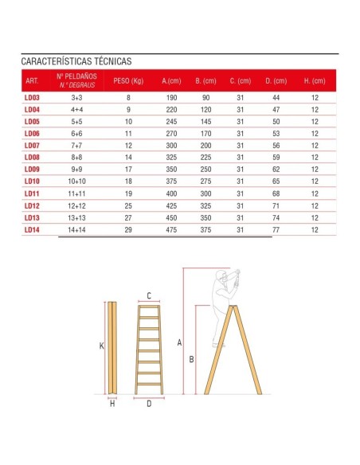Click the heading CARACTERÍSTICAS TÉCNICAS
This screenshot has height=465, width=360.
coord(76,61)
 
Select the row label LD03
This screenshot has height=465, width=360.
coord(32,98)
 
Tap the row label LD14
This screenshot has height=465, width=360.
coord(32,229)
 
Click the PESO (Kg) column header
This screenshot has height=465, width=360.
coord(127,81)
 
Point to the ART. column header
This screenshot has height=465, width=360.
coord(32,81)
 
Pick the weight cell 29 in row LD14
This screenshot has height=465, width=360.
coord(127,229)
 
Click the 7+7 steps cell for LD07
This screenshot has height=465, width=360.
coord(77,146)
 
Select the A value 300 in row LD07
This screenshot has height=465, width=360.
coord(171,146)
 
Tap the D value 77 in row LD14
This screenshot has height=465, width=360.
coord(276,229)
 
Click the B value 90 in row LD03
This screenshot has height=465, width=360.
coord(205,98)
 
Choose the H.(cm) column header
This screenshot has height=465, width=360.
coord(315,81)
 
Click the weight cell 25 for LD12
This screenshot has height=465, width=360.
coord(127,205)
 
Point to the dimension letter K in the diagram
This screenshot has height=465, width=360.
coord(102,346)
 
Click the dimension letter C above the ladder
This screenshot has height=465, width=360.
coord(149,295)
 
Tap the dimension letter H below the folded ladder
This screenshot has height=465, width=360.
coord(112,404)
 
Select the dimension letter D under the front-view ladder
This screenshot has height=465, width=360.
coord(149,404)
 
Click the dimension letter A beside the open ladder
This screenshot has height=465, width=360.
coord(180,343)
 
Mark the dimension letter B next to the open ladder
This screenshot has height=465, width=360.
coord(191,359)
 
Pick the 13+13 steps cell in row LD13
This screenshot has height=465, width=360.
coord(77,217)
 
